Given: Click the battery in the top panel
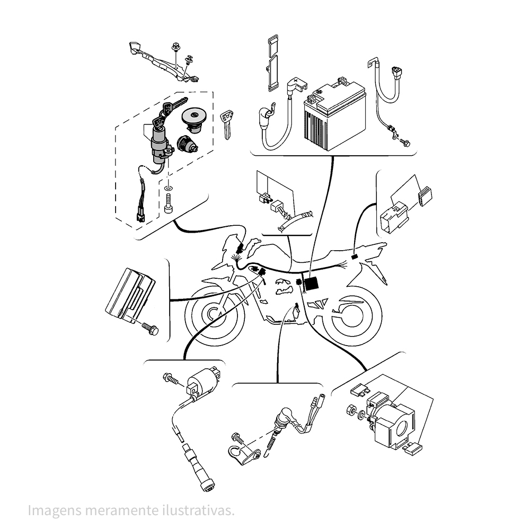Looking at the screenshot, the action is [x=334, y=114].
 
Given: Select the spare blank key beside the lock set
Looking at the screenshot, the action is [x=226, y=124].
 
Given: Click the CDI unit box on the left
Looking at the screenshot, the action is [x=130, y=294].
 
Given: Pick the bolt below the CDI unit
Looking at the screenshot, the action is [x=150, y=328].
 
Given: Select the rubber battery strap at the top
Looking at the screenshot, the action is [x=273, y=63].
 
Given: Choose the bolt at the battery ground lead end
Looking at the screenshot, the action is [x=404, y=142].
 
